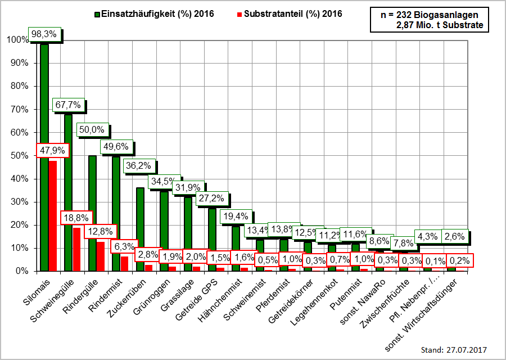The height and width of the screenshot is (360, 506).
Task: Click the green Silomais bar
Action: (44, 157)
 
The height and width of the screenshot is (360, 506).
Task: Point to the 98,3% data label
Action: (44, 34)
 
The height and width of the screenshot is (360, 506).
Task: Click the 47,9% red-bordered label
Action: (52, 151)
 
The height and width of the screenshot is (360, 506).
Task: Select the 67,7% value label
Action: (68, 105)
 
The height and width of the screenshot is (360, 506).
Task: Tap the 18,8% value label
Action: (76, 218)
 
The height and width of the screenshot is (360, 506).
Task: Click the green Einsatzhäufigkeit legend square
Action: (97, 14)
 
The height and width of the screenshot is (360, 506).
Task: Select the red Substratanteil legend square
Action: (240, 14)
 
